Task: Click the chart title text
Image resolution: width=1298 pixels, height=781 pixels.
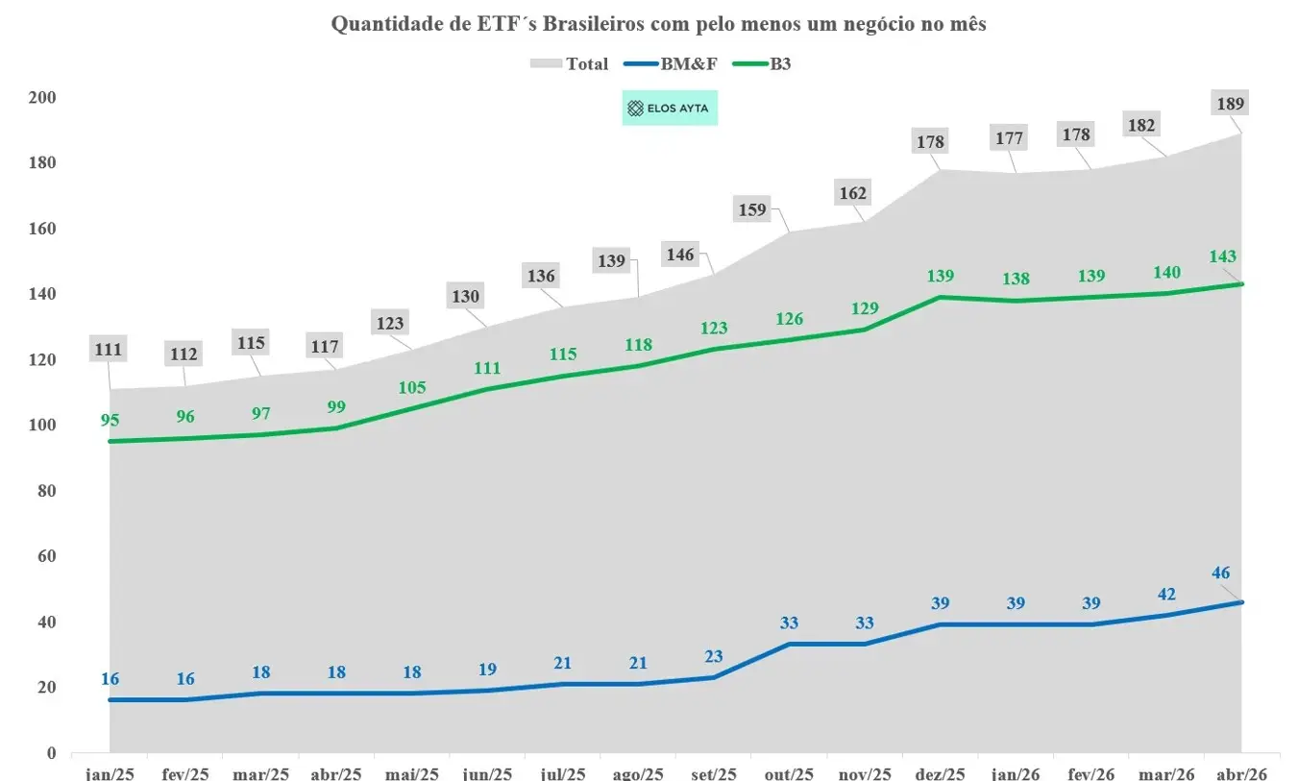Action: point(658,25)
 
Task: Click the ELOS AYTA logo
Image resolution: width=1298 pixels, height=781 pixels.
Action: point(669,109)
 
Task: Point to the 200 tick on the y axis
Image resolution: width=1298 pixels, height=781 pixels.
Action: point(43,97)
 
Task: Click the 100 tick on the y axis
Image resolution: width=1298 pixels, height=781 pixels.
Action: point(43,425)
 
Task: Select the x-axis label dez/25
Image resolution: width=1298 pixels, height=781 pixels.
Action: point(941,773)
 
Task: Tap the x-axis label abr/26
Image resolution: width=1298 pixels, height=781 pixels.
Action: point(1242,773)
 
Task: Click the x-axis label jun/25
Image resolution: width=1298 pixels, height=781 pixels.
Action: point(487,773)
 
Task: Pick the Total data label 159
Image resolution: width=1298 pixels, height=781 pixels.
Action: point(752,208)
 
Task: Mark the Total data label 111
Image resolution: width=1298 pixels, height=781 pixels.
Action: point(109,349)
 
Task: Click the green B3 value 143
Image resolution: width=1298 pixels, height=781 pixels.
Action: point(1223,256)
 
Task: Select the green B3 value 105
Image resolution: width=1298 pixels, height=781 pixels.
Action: point(411,388)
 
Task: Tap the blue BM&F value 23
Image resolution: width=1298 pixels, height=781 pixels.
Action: point(714,655)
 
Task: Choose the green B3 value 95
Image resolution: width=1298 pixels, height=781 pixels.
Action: point(110,419)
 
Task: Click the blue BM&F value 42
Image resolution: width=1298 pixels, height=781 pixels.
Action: point(1166,593)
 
